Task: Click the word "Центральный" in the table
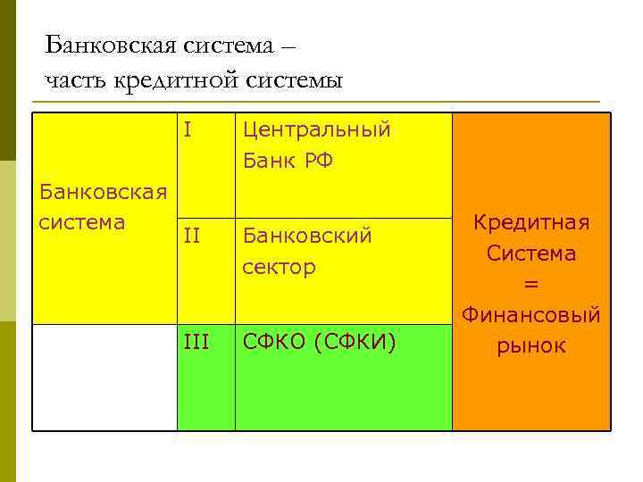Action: click(317, 130)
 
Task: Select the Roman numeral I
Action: click(188, 130)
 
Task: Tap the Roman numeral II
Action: click(191, 237)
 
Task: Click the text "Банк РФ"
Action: click(288, 162)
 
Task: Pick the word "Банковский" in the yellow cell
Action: click(307, 237)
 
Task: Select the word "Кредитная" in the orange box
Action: click(531, 222)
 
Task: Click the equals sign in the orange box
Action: click(531, 284)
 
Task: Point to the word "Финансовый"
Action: click(531, 314)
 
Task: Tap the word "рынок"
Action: click(531, 345)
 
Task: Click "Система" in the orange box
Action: click(531, 253)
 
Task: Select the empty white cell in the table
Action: click(104, 377)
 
